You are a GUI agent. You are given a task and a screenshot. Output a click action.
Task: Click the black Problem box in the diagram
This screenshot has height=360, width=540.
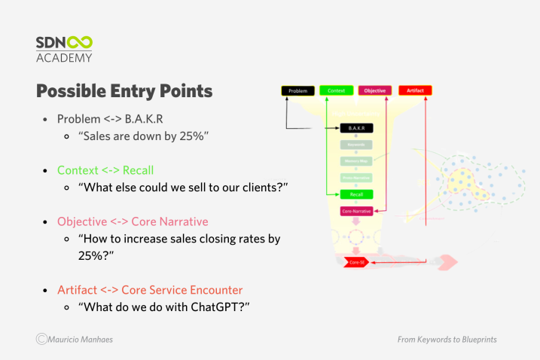pos(297,90)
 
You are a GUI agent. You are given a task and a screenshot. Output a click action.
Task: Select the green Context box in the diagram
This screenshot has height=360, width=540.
pos(336,90)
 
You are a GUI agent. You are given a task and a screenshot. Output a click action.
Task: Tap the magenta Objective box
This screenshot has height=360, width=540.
pos(375,90)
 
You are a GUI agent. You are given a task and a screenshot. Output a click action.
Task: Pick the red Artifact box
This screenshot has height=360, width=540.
pos(415,90)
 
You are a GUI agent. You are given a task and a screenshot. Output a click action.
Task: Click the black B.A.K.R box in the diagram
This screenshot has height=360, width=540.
pos(356,129)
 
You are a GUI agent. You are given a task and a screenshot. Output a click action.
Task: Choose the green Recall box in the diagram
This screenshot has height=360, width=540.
pos(356,194)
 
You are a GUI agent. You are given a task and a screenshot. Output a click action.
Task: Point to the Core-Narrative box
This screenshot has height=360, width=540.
pos(356,212)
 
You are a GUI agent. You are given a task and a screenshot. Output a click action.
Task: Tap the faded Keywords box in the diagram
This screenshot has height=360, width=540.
pos(356,145)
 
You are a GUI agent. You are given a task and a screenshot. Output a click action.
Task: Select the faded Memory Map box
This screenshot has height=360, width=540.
pos(356,161)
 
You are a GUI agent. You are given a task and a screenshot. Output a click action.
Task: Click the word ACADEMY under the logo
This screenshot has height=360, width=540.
pos(64,58)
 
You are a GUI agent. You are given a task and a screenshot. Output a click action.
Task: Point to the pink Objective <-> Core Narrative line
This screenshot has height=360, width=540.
pos(133,221)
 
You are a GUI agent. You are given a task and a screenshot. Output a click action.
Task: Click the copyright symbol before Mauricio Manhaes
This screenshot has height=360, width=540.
pos(41,340)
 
